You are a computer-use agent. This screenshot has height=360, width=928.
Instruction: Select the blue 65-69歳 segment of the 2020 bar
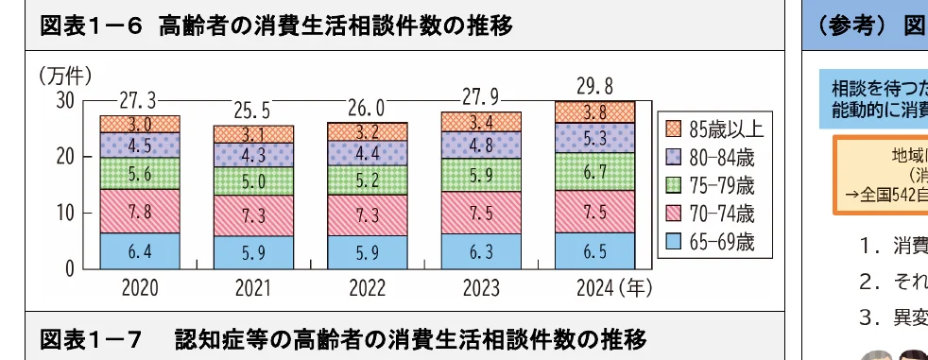tap(140, 250)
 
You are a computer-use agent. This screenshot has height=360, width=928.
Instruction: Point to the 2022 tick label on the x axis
tap(367, 286)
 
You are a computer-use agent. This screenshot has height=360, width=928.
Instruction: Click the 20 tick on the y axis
tap(63, 156)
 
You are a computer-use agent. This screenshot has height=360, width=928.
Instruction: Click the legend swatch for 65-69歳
tap(673, 241)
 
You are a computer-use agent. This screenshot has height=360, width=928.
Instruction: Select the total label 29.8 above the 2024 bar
tap(593, 86)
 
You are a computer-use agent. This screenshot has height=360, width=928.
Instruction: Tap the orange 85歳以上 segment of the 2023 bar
tap(480, 122)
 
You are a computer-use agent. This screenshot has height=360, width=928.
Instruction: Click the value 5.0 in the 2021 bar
tap(253, 181)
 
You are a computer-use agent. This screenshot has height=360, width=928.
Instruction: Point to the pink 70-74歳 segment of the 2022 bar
tap(367, 214)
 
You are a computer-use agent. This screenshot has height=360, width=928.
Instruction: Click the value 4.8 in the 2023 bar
tap(480, 146)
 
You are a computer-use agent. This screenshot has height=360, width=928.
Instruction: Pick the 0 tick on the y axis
tap(69, 268)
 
